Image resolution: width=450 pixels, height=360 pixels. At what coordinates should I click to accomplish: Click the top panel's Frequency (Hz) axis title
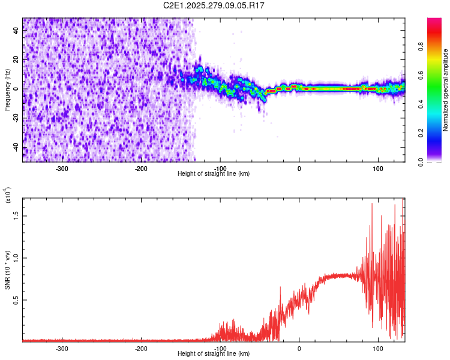7,89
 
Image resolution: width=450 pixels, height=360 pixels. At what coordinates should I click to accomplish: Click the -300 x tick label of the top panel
62,168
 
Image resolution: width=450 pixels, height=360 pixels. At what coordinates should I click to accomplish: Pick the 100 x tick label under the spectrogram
378,168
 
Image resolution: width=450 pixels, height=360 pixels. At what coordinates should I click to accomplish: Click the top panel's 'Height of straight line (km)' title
214,173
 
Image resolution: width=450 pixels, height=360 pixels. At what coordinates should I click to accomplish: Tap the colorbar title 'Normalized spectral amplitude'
446,90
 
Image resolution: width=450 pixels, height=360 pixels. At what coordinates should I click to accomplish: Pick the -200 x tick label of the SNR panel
141,348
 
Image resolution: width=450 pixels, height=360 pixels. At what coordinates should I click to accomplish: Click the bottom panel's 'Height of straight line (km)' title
214,353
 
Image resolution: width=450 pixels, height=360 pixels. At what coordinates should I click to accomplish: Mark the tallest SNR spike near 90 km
373,203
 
